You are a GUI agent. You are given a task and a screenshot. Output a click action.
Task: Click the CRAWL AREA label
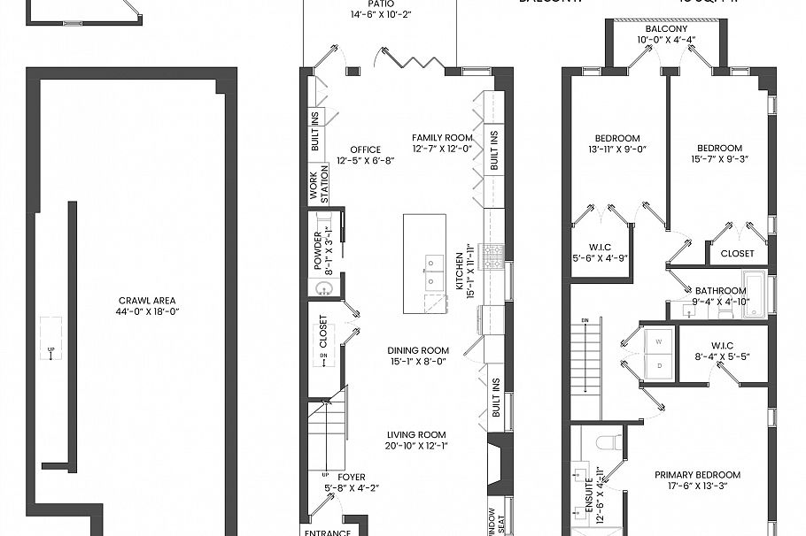tap(145, 299)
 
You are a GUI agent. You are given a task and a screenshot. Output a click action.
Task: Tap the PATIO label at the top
tap(381, 4)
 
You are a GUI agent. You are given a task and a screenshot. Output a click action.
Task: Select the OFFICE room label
tap(365, 149)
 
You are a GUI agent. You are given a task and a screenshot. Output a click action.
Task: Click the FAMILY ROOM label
tap(442, 138)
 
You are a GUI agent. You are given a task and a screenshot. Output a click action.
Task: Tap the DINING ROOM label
tap(419, 350)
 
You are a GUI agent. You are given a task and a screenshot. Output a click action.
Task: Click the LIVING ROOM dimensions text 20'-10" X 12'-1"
tap(416, 446)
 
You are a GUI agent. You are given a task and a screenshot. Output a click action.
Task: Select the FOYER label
tap(351, 478)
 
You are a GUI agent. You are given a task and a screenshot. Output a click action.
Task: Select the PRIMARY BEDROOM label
tap(697, 475)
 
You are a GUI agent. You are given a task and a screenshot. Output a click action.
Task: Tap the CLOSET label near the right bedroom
tap(737, 253)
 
